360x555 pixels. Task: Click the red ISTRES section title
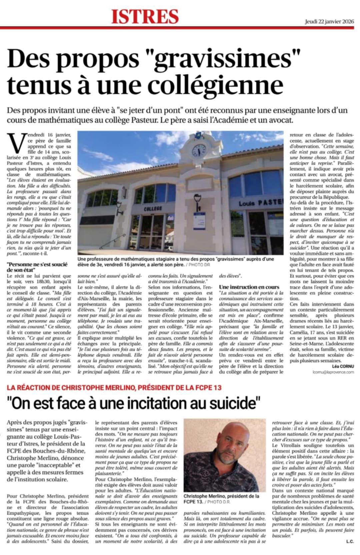[x=145, y=16]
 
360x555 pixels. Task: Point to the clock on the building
[x=199, y=151]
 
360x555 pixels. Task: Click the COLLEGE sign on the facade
[x=153, y=208]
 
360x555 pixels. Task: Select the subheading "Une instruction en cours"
[x=249, y=287]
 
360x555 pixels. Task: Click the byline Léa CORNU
[x=343, y=366]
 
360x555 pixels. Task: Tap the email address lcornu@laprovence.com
[x=333, y=372]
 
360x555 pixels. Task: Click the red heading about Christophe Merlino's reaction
[x=114, y=387]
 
